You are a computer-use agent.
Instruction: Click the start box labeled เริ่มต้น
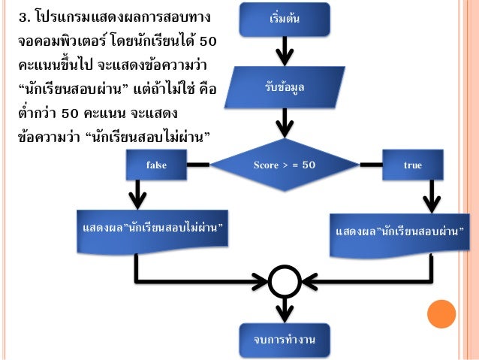click(285, 19)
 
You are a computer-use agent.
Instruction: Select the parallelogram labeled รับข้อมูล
click(285, 87)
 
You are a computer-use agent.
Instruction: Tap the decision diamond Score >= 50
click(285, 165)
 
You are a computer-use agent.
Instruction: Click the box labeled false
click(156, 165)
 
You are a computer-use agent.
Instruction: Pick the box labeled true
click(413, 165)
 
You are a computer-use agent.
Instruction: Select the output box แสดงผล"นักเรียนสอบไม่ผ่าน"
click(152, 231)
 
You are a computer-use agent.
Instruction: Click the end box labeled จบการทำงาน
click(285, 340)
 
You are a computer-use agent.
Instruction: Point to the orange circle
click(441, 314)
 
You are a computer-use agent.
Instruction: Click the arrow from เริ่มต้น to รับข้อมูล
click(285, 51)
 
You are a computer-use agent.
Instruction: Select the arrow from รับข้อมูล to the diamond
click(285, 123)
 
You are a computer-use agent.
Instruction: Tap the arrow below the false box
click(138, 195)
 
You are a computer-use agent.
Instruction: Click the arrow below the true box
click(432, 197)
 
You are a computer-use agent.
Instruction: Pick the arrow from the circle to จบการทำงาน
click(285, 310)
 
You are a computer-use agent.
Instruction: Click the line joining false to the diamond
click(198, 165)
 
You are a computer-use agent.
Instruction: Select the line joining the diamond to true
click(371, 165)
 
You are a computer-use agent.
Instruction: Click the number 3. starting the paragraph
click(25, 17)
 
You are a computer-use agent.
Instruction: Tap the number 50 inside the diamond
click(309, 165)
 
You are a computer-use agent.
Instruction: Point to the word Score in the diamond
click(266, 165)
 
